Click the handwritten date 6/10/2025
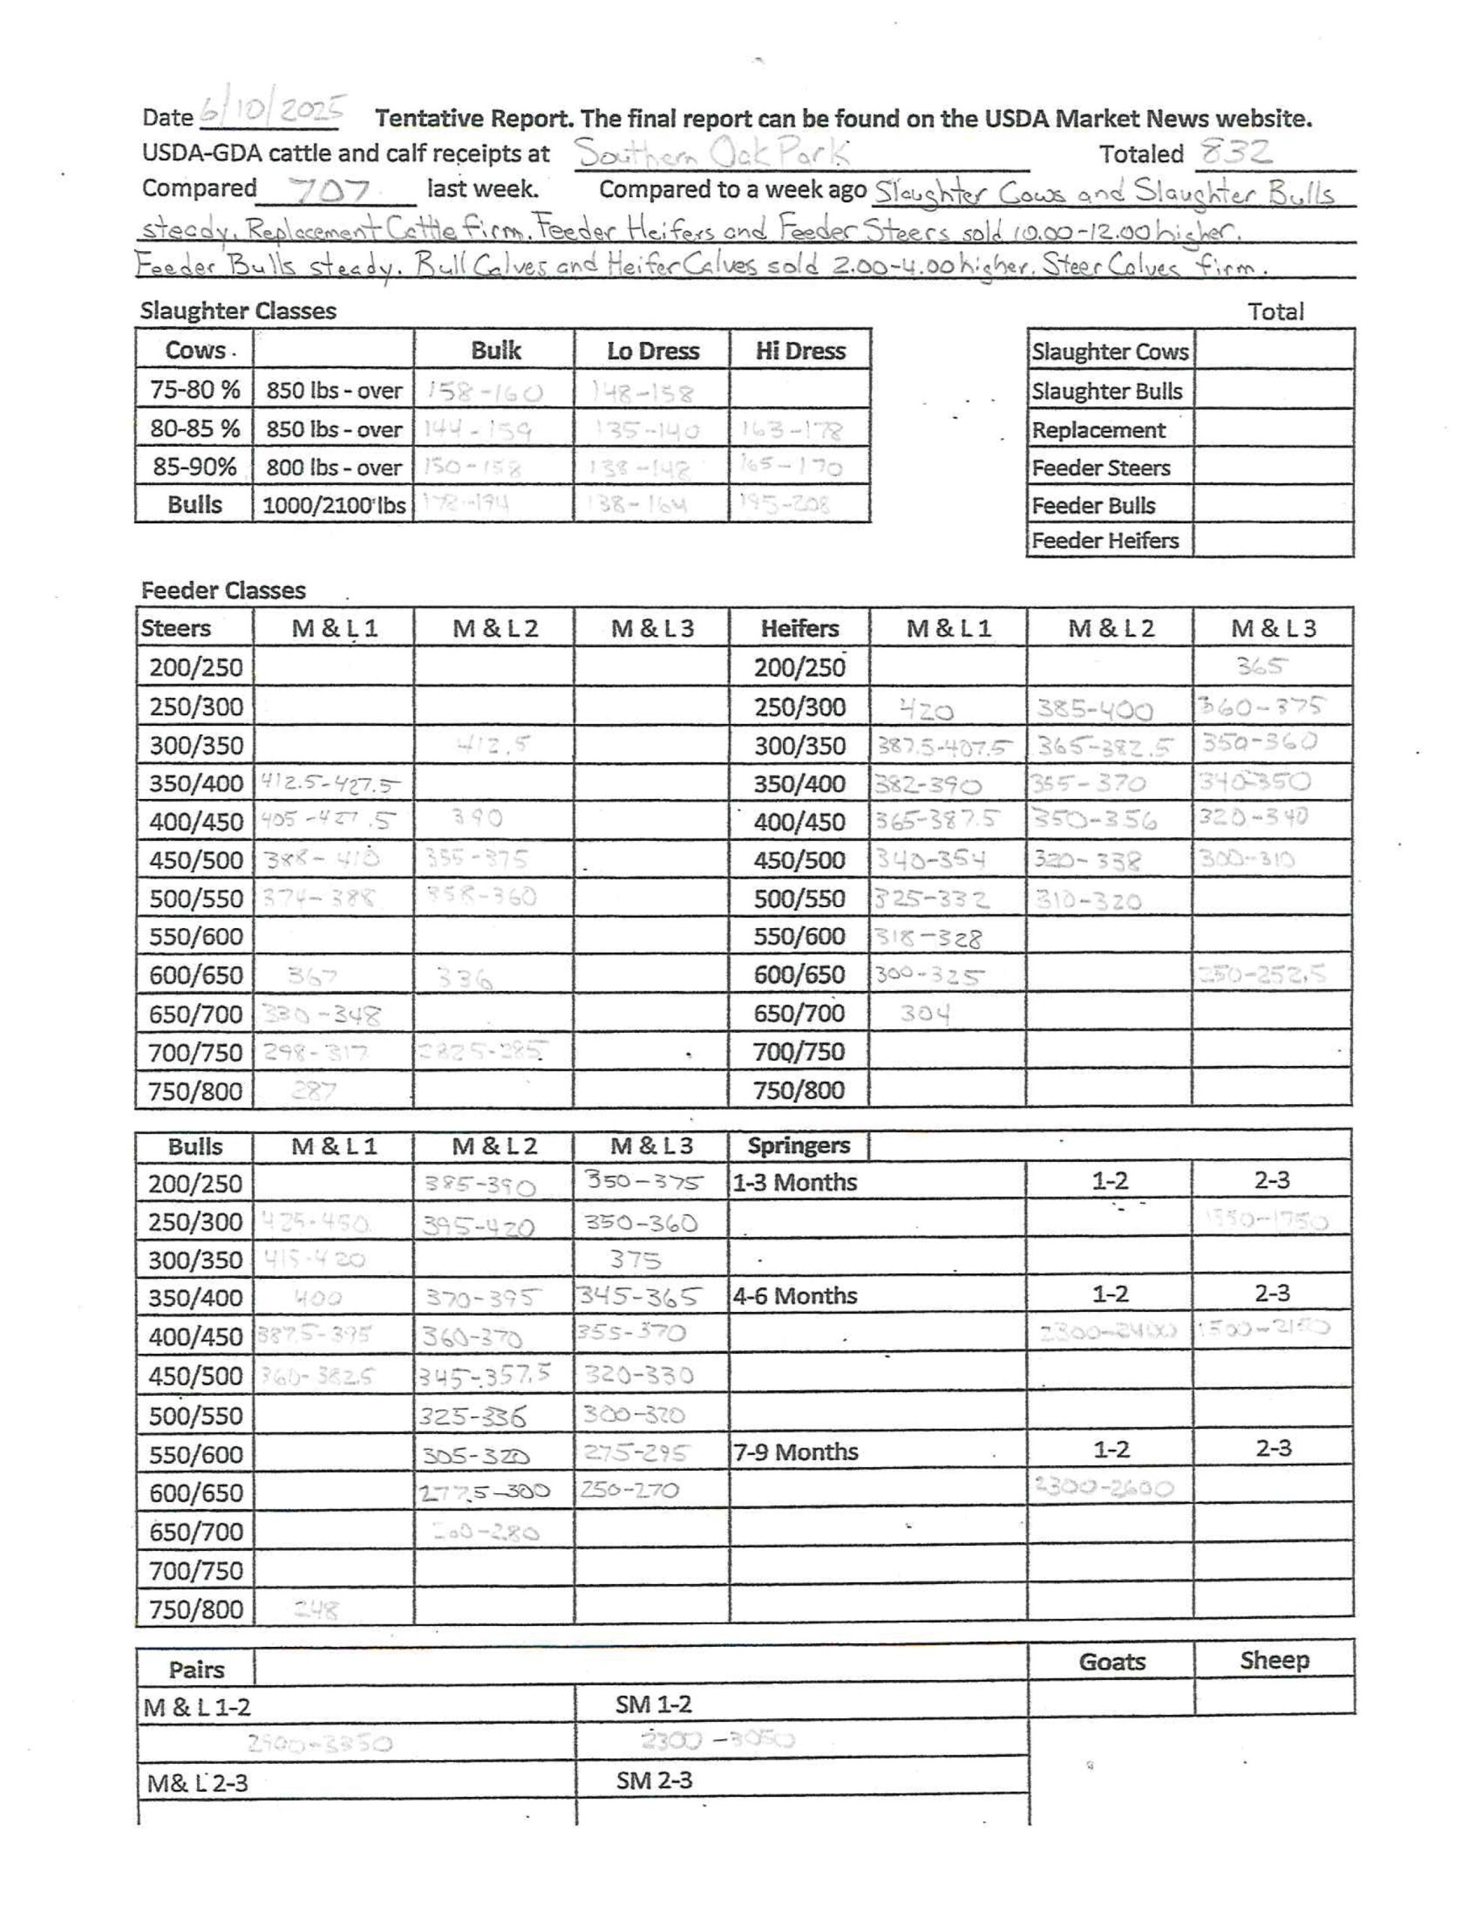click(x=272, y=112)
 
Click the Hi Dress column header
click(x=800, y=351)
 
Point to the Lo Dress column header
click(x=653, y=351)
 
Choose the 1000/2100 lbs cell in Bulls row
click(x=334, y=505)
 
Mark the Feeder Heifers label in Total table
click(x=1104, y=540)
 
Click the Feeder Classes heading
click(x=223, y=591)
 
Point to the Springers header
click(x=799, y=1145)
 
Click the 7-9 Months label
click(x=795, y=1451)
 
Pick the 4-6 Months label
click(x=795, y=1296)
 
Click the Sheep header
click(x=1274, y=1660)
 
